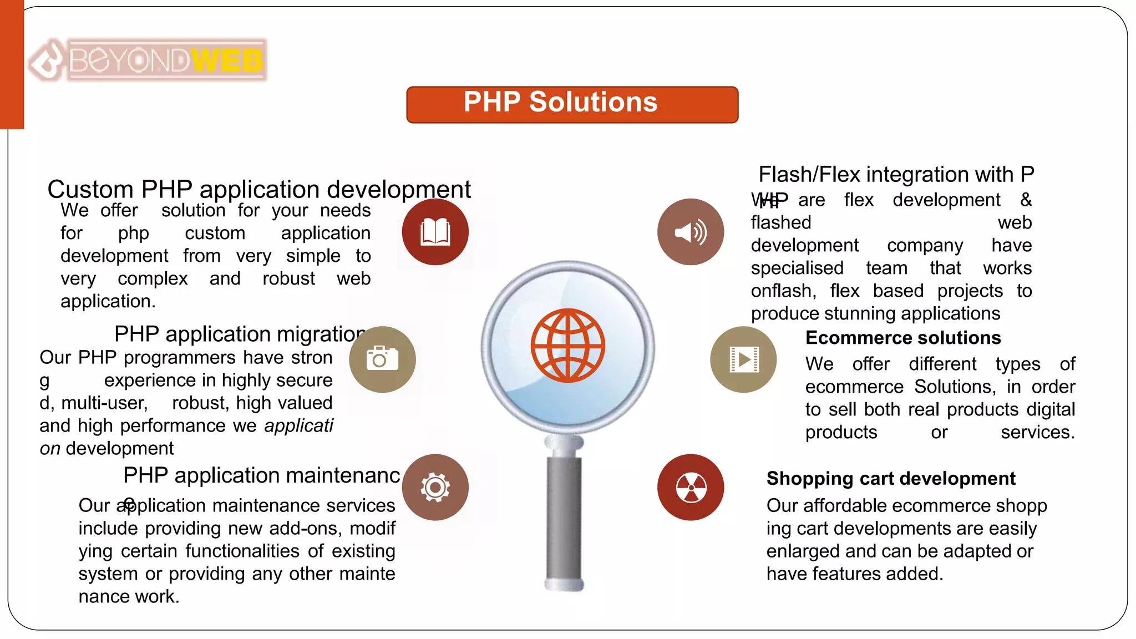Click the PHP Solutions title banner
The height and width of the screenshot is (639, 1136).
[572, 104]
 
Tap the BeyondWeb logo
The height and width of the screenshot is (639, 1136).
[148, 60]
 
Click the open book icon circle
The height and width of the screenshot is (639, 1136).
[435, 232]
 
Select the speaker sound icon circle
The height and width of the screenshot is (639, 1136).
[690, 232]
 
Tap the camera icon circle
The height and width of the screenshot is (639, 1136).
[382, 359]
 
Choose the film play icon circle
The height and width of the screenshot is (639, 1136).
[743, 359]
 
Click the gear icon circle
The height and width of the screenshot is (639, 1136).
[435, 487]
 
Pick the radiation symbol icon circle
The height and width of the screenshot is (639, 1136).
[690, 487]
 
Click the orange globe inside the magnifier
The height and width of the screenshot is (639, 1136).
[567, 345]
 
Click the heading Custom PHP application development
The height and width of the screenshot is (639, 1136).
[258, 190]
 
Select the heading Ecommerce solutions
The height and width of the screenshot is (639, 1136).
[902, 338]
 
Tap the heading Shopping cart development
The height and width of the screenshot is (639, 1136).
[890, 478]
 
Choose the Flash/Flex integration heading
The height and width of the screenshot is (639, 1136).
[896, 175]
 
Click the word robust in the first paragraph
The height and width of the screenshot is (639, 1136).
[288, 278]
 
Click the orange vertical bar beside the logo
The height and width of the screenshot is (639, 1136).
[12, 64]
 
